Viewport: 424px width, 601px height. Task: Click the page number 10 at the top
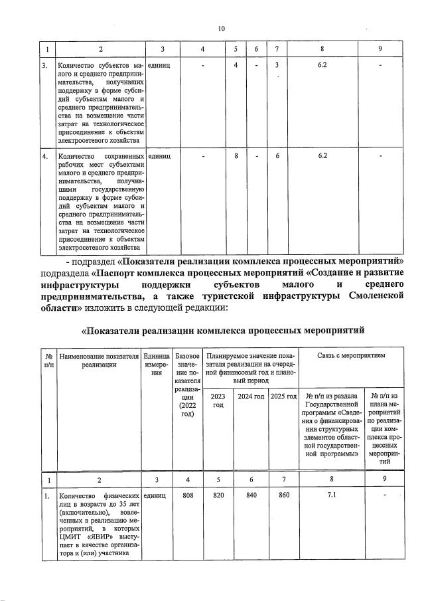[x=221, y=29]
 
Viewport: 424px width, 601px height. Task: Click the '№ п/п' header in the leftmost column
[x=48, y=359]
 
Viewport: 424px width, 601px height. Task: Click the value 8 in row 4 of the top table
[x=236, y=155]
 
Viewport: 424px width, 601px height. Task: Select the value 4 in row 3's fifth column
[x=236, y=65]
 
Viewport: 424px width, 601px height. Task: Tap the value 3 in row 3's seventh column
[x=277, y=65]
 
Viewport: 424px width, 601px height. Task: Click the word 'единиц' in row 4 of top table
[x=160, y=155]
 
